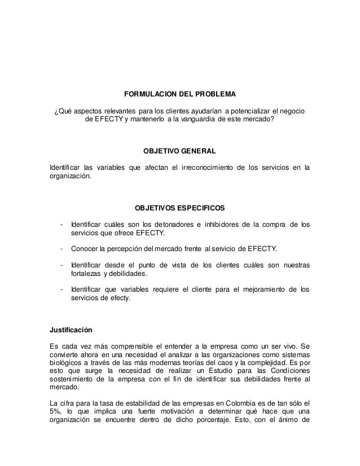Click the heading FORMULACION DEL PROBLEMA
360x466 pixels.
pos(179,93)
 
